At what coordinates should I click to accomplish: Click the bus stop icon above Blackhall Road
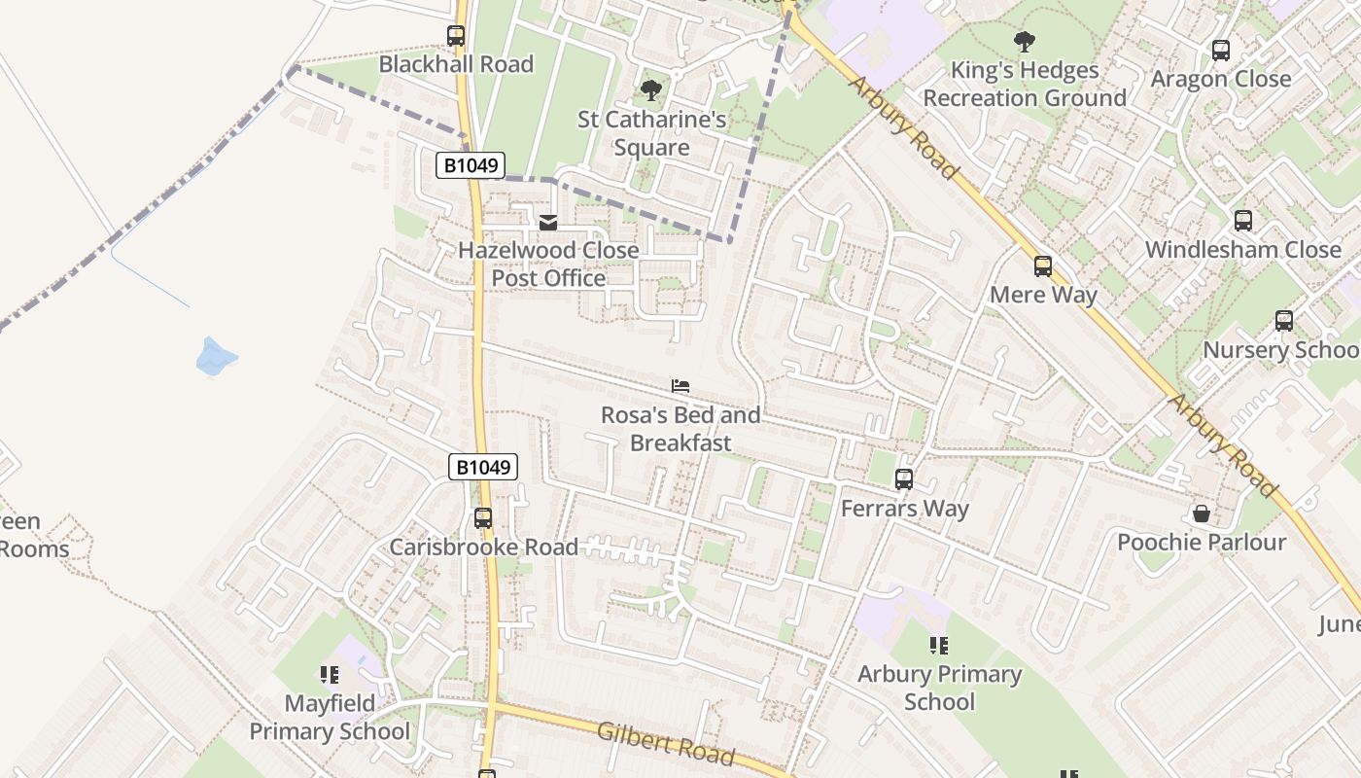coord(456,36)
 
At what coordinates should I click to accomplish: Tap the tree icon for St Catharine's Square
coord(651,91)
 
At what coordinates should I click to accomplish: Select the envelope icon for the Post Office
coord(548,223)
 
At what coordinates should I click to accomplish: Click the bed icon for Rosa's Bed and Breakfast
coord(680,386)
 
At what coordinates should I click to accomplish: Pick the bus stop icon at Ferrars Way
coord(904,478)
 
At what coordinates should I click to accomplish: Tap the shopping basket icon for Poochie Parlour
coord(1202,513)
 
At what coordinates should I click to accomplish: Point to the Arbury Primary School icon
coord(939,645)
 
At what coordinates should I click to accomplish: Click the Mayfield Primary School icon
coord(330,674)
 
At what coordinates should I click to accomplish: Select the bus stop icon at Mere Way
coord(1043,265)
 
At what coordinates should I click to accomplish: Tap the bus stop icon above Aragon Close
coord(1221,51)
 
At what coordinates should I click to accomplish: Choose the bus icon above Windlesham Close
coord(1243,221)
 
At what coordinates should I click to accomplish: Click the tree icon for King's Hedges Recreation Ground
coord(1024,41)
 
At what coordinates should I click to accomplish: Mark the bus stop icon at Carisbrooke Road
coord(483,518)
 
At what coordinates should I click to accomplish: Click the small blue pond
coord(216,357)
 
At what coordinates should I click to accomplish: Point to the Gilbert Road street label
coord(666,743)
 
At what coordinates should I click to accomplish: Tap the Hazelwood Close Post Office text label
coord(548,264)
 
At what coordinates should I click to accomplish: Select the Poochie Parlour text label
coord(1202,542)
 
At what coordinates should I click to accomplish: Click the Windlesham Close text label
coord(1242,249)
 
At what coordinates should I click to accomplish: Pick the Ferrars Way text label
coord(904,508)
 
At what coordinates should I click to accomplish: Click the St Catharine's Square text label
coord(651,133)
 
